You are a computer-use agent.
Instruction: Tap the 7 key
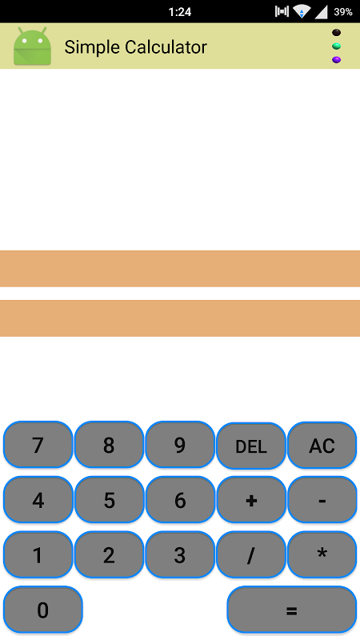pyautogui.click(x=38, y=445)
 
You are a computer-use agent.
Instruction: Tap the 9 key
pyautogui.click(x=180, y=445)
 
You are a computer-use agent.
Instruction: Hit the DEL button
pyautogui.click(x=251, y=446)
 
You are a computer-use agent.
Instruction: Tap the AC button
pyautogui.click(x=322, y=445)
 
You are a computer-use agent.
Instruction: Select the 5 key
pyautogui.click(x=109, y=499)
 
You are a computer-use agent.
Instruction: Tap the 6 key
pyautogui.click(x=180, y=499)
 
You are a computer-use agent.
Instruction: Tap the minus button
pyautogui.click(x=322, y=499)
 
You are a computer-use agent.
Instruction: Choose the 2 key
pyautogui.click(x=109, y=554)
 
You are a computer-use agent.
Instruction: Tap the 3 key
pyautogui.click(x=180, y=554)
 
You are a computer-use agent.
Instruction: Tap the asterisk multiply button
pyautogui.click(x=322, y=554)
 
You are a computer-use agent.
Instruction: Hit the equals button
pyautogui.click(x=292, y=610)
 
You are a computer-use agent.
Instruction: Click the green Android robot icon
pyautogui.click(x=32, y=46)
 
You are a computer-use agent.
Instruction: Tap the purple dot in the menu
pyautogui.click(x=336, y=59)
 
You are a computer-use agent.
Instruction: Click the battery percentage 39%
pyautogui.click(x=343, y=12)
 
